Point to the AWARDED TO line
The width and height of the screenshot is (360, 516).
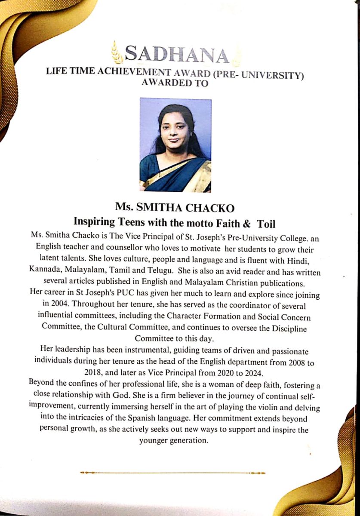point(175,83)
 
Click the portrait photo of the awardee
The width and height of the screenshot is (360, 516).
point(175,145)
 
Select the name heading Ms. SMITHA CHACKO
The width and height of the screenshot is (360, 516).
point(175,208)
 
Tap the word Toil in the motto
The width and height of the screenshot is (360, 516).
point(266,224)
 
